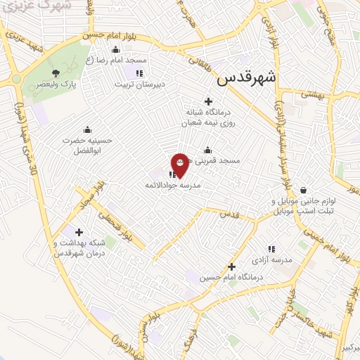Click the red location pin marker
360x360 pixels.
point(180,163)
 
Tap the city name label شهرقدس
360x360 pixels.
point(247,77)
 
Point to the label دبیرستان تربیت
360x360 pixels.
point(140,84)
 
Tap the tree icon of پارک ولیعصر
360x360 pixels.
point(56,72)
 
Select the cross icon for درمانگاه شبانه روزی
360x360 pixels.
point(208,102)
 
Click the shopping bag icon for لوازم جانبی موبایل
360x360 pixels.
point(303,190)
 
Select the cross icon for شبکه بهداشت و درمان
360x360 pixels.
point(79,232)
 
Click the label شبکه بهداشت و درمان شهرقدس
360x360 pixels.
point(79,248)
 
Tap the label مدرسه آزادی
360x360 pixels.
point(271,259)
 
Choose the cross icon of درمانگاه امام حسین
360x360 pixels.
point(231,266)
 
